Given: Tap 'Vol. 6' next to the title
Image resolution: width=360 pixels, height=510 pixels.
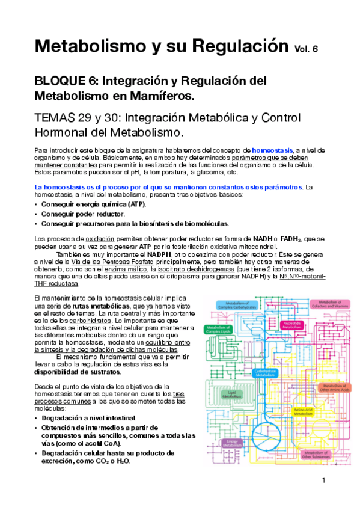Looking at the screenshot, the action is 308,49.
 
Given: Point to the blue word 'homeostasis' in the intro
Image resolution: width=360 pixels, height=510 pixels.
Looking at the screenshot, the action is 272,149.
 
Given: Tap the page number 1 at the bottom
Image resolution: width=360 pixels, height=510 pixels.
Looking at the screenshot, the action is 323,480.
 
